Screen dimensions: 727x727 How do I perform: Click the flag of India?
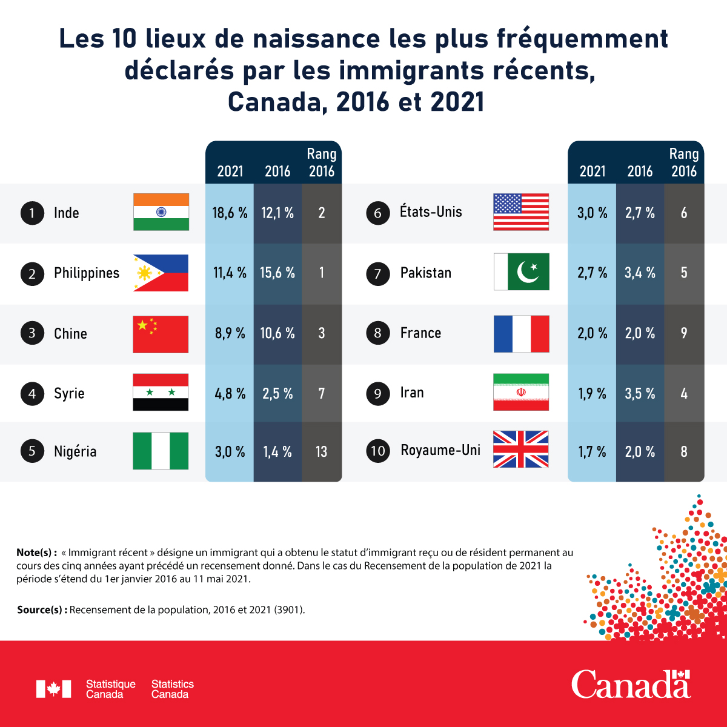tap(161, 212)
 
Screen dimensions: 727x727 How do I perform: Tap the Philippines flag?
tap(161, 273)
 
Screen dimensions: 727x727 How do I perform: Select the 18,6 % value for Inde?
tap(230, 213)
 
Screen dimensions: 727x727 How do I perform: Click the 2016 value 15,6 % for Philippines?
tap(277, 273)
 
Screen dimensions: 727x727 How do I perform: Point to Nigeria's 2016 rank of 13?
tap(322, 452)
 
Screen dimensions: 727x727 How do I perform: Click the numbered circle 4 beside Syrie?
tap(32, 394)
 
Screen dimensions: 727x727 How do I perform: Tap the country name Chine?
tap(70, 334)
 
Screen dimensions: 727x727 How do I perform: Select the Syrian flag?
tap(161, 393)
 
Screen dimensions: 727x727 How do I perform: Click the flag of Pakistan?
tap(522, 272)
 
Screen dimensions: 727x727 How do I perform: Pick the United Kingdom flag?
tap(521, 450)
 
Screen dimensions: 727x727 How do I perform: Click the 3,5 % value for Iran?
tap(640, 394)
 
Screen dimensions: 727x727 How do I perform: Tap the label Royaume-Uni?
tap(440, 450)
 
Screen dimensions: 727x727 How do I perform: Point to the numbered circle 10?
tap(378, 451)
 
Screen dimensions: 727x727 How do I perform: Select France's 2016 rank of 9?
tap(684, 333)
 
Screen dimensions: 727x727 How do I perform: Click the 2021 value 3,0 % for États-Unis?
tap(593, 213)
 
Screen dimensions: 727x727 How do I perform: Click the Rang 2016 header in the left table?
tap(322, 163)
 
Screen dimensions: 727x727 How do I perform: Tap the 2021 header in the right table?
tap(593, 171)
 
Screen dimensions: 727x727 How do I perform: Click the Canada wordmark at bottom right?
tap(631, 685)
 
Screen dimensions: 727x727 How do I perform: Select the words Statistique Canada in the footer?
tap(111, 689)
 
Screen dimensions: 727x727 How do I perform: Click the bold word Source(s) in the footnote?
tap(42, 610)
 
